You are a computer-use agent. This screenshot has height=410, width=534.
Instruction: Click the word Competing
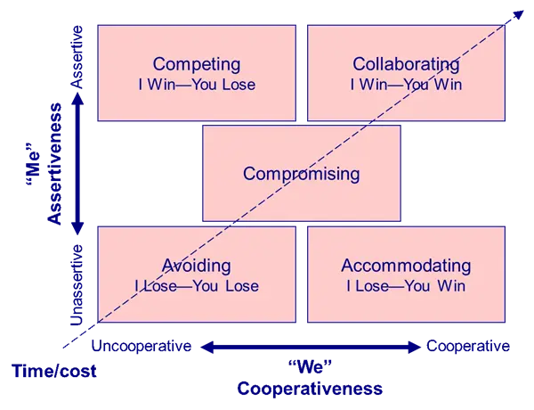coord(196,64)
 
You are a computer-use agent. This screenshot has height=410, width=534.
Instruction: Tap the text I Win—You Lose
coord(196,86)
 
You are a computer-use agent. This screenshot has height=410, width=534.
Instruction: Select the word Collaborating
coord(406,64)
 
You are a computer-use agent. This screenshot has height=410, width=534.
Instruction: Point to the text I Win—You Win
coord(406,86)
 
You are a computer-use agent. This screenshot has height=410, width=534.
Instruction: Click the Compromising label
coord(302,174)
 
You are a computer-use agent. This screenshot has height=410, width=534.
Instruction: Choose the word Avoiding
coord(196,266)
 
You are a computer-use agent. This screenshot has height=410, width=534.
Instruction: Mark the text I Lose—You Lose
coord(196,286)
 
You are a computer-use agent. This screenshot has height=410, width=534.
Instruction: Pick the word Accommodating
coord(406,266)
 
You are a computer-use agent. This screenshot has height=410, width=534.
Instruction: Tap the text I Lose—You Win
coord(406,286)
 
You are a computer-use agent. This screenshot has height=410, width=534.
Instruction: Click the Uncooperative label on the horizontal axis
coord(142,346)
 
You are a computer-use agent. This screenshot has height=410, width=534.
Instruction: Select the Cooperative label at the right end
coord(468,346)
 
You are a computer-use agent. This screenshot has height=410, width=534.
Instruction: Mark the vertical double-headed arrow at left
coord(78,169)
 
